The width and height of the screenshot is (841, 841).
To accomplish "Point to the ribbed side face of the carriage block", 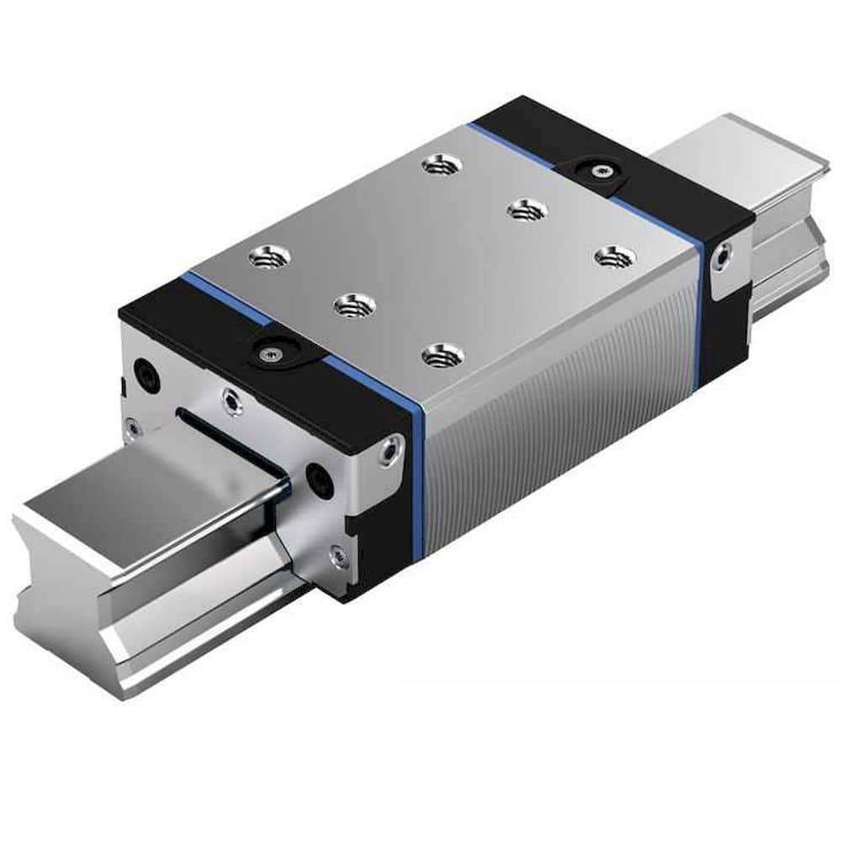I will coord(555,404).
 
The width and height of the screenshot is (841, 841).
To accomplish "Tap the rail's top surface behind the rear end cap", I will coord(740,156).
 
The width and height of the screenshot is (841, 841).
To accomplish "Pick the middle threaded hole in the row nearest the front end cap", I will coord(354,305).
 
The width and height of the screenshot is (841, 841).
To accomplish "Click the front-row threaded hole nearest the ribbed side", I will coord(442,355).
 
